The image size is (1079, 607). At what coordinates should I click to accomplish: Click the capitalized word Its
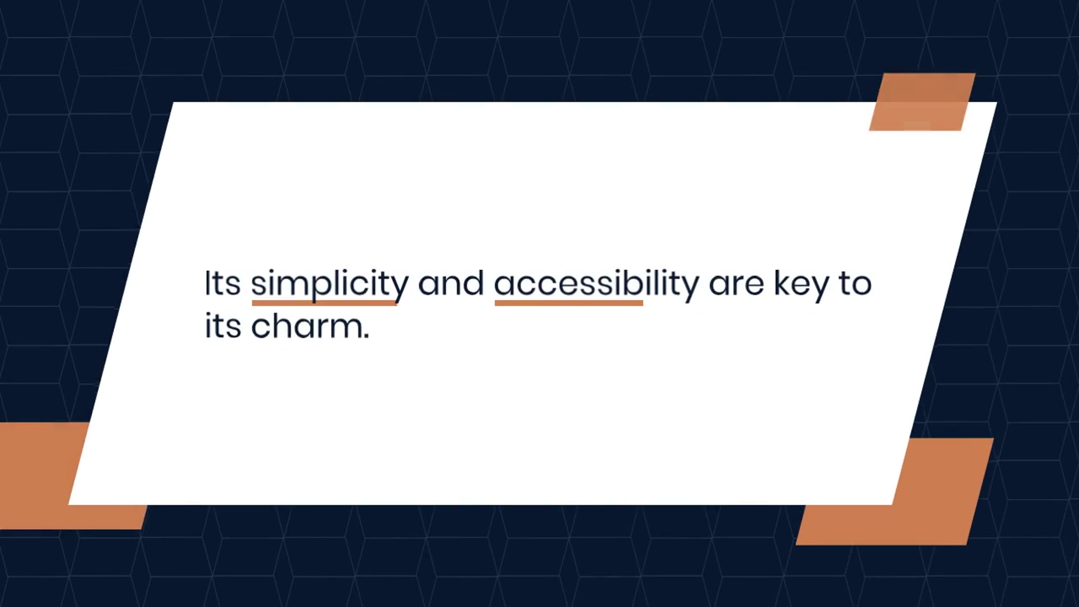pyautogui.click(x=223, y=283)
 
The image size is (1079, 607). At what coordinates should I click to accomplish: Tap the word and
pyautogui.click(x=451, y=283)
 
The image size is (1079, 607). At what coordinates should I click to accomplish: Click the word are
pyautogui.click(x=736, y=285)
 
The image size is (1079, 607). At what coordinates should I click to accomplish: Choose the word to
pyautogui.click(x=855, y=284)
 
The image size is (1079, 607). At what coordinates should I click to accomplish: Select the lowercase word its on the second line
pyautogui.click(x=223, y=326)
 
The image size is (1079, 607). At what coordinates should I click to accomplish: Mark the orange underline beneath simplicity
pyautogui.click(x=324, y=303)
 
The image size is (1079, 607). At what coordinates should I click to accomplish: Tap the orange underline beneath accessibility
pyautogui.click(x=569, y=303)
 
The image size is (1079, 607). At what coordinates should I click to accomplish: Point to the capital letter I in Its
pyautogui.click(x=207, y=283)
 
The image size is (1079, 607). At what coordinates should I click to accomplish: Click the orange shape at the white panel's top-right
pyautogui.click(x=922, y=102)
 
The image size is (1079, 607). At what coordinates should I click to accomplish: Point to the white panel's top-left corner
pyautogui.click(x=173, y=102)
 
